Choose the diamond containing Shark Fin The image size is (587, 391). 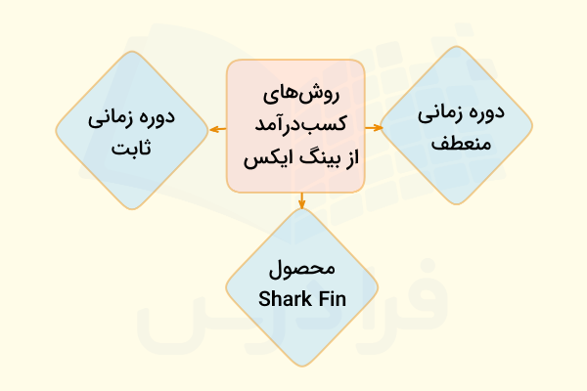(x=301, y=283)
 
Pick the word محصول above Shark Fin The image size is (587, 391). (x=301, y=270)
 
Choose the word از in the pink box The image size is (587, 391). (x=341, y=154)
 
